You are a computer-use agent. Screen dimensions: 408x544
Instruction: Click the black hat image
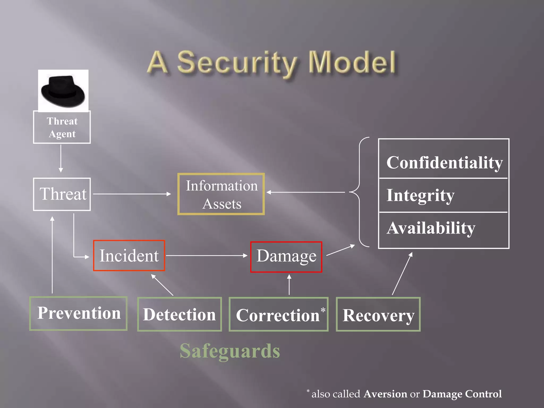[63, 91]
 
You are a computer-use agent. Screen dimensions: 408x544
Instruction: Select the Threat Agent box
[62, 127]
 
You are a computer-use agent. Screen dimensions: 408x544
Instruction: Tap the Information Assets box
[221, 194]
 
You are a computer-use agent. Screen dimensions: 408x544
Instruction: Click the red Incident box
[129, 256]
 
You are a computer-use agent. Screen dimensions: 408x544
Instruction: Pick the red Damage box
[286, 257]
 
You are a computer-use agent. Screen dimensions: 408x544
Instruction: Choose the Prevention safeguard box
[78, 313]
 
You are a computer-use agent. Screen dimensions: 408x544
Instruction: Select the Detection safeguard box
[179, 314]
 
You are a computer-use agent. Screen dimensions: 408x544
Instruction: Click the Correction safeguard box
[278, 314]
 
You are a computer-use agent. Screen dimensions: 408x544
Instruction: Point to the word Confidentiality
[444, 162]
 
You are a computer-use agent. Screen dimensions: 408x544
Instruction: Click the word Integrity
[420, 195]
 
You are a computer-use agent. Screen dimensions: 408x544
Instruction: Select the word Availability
[431, 228]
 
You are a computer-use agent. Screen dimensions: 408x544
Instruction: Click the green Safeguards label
[230, 351]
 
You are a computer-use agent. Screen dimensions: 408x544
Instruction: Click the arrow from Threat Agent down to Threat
[61, 158]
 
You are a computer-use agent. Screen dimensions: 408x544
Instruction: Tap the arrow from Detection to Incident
[162, 285]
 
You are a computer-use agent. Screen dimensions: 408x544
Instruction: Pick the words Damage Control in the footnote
[462, 394]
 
